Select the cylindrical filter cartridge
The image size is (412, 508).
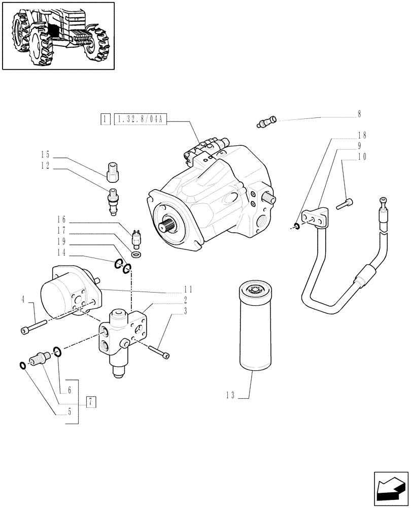253,325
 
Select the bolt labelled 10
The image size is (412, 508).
345,204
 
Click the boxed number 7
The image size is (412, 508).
90,401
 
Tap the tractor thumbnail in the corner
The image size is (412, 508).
57,35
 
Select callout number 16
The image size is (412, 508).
61,220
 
